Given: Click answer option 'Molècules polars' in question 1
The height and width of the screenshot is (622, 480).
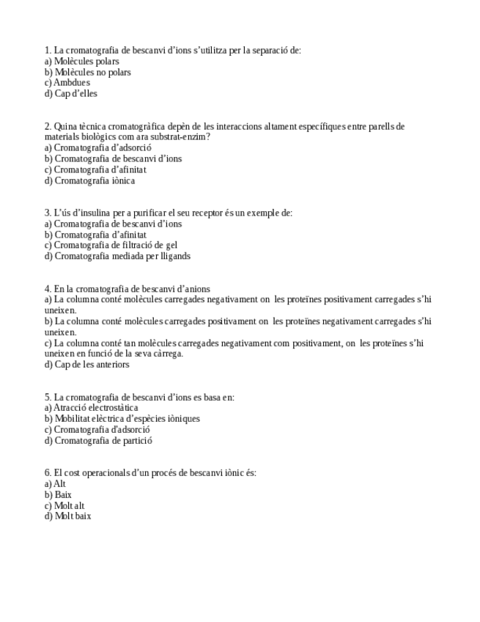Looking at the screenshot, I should click(x=86, y=62).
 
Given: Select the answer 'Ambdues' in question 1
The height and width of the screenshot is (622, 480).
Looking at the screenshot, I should click(x=72, y=83).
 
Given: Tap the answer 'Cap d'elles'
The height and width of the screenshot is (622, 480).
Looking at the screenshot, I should click(x=75, y=94).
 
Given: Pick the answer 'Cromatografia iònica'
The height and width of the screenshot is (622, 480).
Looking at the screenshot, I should click(x=95, y=180).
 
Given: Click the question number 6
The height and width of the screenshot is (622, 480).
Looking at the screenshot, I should click(x=48, y=473).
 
